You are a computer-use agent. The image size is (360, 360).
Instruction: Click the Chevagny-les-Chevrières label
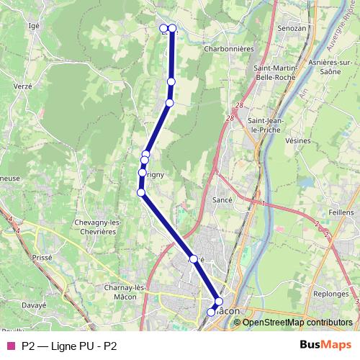97,228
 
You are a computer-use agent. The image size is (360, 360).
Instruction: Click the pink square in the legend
10,346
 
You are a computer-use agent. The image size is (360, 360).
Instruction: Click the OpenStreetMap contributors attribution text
297,323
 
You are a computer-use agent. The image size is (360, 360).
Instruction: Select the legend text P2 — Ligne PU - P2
69,346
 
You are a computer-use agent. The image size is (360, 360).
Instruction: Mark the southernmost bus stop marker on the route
211,312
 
